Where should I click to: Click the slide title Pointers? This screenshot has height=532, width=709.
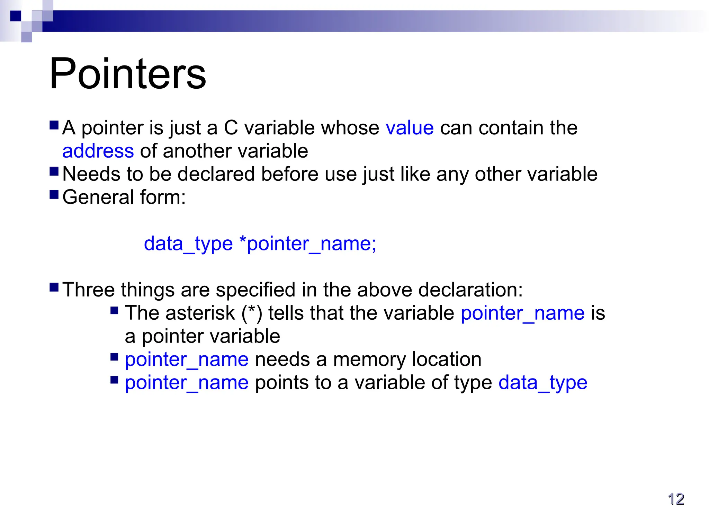point(128,74)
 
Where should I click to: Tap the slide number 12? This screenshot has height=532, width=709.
point(676,499)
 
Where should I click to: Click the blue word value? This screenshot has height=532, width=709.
point(410,128)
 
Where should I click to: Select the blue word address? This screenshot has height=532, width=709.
point(98,151)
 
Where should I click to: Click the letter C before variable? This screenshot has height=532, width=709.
point(231,128)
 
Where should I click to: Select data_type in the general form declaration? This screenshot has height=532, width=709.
point(188,243)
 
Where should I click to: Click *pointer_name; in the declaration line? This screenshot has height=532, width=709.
point(308,243)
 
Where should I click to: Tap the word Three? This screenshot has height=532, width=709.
point(89,290)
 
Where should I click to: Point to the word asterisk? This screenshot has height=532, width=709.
point(200,313)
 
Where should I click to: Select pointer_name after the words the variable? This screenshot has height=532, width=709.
point(523,313)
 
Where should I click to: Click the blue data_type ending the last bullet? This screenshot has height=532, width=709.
point(543,383)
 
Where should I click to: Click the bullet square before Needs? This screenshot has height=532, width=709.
point(54,171)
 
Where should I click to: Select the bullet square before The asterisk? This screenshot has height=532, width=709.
point(115,310)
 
